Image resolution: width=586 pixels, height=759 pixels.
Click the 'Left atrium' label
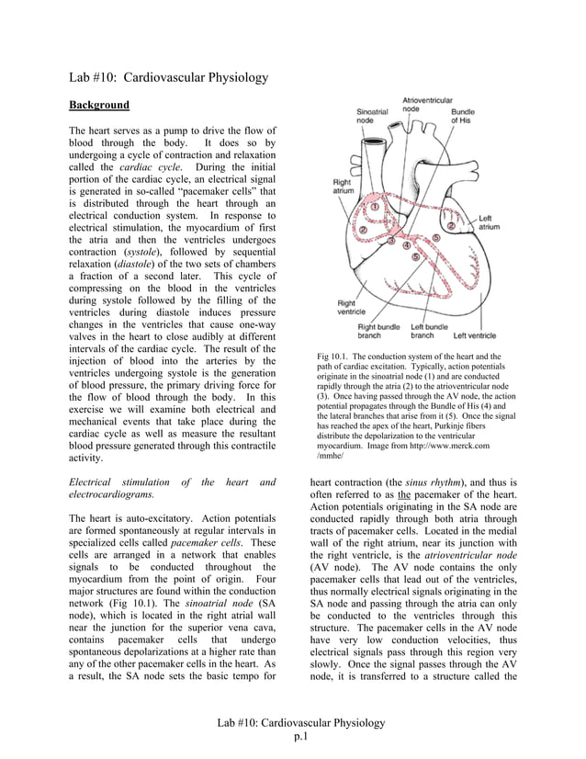pyautogui.click(x=490, y=221)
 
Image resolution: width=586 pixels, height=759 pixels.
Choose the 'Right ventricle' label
pyautogui.click(x=348, y=307)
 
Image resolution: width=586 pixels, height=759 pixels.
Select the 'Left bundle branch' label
pyautogui.click(x=429, y=331)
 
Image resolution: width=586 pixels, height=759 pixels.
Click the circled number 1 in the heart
pyautogui.click(x=375, y=208)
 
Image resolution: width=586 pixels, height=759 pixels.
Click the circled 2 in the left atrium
pyautogui.click(x=451, y=225)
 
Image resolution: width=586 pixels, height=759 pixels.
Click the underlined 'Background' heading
pyautogui.click(x=99, y=105)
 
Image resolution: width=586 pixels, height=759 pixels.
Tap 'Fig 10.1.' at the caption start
pyautogui.click(x=333, y=357)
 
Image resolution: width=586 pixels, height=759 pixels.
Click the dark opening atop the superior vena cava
pyautogui.click(x=375, y=144)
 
